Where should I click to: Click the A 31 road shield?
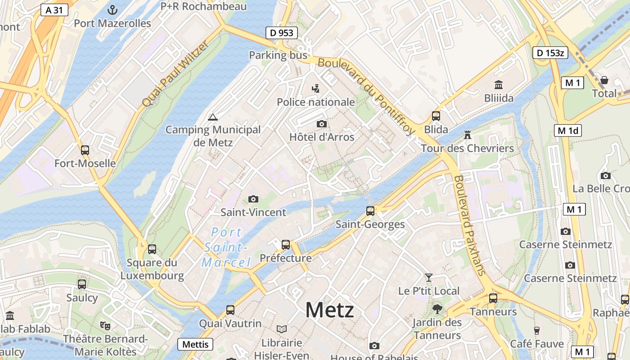coord(54,10)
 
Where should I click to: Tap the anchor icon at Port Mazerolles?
coord(112,9)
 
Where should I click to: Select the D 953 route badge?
coord(281,33)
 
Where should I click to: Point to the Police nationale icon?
coord(316,89)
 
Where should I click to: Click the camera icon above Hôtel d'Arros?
coord(321,124)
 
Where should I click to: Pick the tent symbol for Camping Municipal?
coord(213,117)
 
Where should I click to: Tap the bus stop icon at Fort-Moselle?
coord(85,150)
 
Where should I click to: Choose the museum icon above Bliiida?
coord(499,85)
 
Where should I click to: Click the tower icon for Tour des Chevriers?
coord(467,135)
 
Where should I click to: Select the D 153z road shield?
coord(550,53)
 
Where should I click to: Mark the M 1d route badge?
coord(568,131)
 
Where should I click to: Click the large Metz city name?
coord(329,310)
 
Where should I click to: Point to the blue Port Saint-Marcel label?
coord(226,247)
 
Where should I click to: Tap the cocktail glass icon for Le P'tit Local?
coord(428,278)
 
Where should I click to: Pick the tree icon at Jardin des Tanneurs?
coord(437,309)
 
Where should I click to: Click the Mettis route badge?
coord(196,344)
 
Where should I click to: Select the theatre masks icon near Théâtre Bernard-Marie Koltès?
coord(106,325)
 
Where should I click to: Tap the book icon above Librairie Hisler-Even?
coord(282,329)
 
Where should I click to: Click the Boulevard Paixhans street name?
coord(470,225)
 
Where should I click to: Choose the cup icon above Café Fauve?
coord(536,331)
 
